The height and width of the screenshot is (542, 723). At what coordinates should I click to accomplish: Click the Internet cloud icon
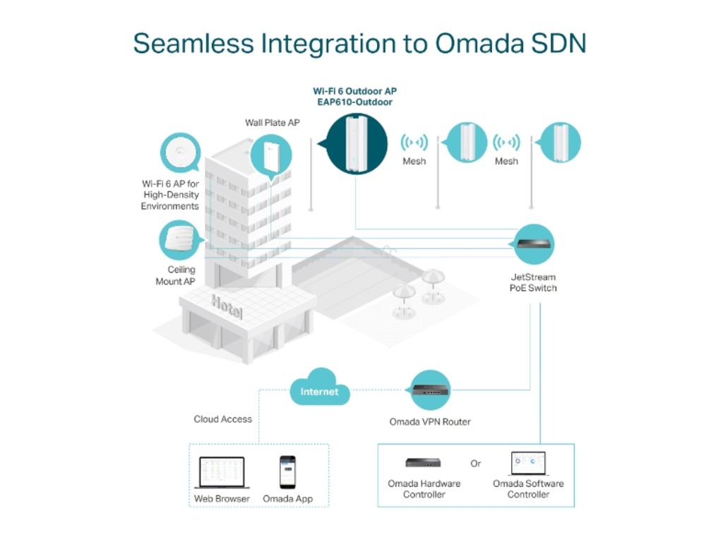[320, 389]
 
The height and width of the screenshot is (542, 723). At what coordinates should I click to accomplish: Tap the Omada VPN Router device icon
[430, 390]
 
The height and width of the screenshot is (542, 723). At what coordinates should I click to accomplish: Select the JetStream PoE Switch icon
[534, 245]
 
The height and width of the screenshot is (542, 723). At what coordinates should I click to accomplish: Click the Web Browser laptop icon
[222, 472]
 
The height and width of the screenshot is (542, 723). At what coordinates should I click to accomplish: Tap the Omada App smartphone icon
[287, 472]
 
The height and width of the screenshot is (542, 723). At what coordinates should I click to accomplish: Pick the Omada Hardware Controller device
[423, 463]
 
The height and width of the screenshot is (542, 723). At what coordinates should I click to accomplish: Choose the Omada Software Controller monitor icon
[528, 464]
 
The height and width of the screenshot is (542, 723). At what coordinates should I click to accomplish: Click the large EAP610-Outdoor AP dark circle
[357, 143]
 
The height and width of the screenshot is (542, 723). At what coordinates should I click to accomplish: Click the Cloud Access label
[222, 419]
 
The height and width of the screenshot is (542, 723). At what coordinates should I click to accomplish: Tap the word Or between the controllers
[476, 464]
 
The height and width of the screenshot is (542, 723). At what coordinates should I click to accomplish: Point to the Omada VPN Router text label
[430, 422]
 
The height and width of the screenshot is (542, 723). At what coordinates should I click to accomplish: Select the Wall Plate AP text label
[273, 123]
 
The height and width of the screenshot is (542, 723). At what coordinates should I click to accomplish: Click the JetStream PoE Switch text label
[533, 282]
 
